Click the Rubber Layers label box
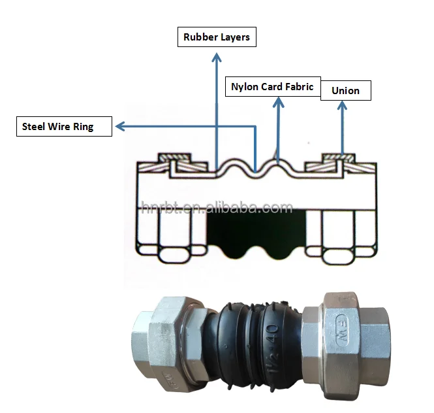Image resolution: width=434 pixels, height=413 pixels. tap(217, 37)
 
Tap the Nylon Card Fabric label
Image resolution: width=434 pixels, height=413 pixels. tap(272, 86)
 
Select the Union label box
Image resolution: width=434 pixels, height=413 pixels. tap(345, 90)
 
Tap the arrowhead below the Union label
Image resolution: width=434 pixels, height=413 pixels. tap(342, 105)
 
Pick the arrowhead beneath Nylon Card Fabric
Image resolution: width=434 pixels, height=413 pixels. tap(279, 101)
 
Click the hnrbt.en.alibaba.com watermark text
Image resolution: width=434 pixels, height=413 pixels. tap(217, 208)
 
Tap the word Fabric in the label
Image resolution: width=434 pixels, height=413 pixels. tap(300, 86)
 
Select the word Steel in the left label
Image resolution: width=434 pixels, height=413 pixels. tap(34, 127)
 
